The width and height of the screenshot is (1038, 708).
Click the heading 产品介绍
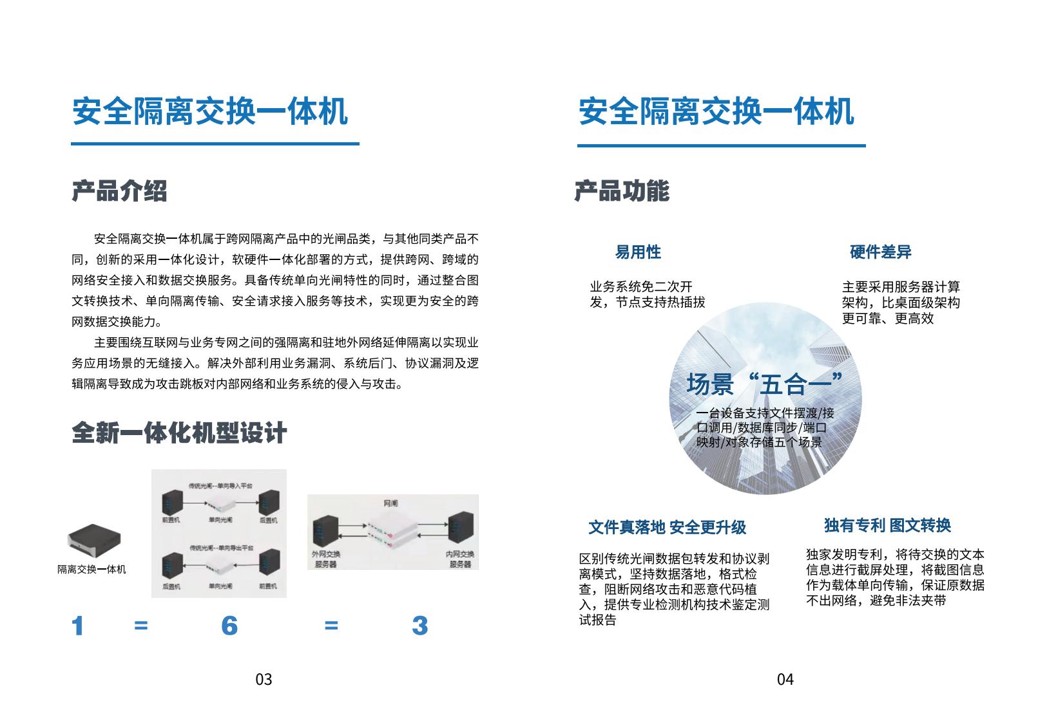click(x=119, y=191)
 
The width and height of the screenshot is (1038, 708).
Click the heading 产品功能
click(x=622, y=191)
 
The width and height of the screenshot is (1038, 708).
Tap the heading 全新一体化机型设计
click(x=179, y=433)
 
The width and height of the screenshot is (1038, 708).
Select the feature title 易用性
click(x=638, y=252)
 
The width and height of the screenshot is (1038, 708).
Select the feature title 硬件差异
click(x=880, y=252)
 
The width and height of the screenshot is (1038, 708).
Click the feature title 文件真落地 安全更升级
click(x=667, y=528)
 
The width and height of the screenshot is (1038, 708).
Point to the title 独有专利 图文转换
click(x=887, y=525)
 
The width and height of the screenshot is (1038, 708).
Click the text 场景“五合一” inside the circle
click(x=764, y=384)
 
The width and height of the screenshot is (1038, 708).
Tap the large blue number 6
click(x=229, y=626)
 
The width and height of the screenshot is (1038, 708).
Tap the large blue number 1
click(x=78, y=626)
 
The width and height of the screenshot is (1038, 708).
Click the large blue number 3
click(x=419, y=626)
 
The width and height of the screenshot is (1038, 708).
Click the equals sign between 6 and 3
click(x=331, y=626)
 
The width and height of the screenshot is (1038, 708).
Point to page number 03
click(x=264, y=679)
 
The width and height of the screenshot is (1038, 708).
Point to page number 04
click(x=785, y=679)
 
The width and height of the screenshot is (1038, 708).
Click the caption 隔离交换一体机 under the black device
click(x=91, y=570)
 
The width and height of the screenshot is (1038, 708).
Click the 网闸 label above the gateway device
click(x=391, y=503)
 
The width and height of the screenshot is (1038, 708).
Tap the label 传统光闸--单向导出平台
click(x=221, y=548)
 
